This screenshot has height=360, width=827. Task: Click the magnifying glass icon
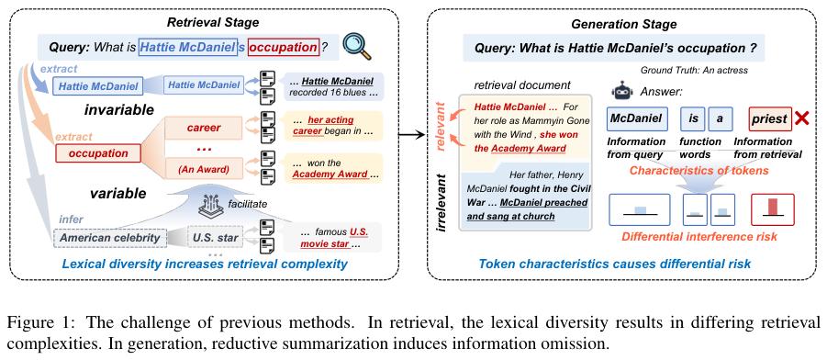pos(357,47)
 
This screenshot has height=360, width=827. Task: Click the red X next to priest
pos(801,118)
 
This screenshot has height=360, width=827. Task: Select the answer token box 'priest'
pos(769,119)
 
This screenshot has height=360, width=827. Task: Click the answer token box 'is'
pos(692,118)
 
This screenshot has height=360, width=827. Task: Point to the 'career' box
pos(203,128)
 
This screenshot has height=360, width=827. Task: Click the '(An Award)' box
pos(203,170)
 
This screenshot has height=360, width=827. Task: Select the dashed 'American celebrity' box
pos(110,238)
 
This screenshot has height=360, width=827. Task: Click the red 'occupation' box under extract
pos(98,153)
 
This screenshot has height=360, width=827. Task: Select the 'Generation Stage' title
pos(624,24)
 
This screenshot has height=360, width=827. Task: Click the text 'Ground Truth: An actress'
pos(694,70)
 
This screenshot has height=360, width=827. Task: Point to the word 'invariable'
pos(119,110)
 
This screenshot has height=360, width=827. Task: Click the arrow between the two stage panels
pos(411,135)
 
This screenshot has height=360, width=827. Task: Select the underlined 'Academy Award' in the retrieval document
pos(529,149)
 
